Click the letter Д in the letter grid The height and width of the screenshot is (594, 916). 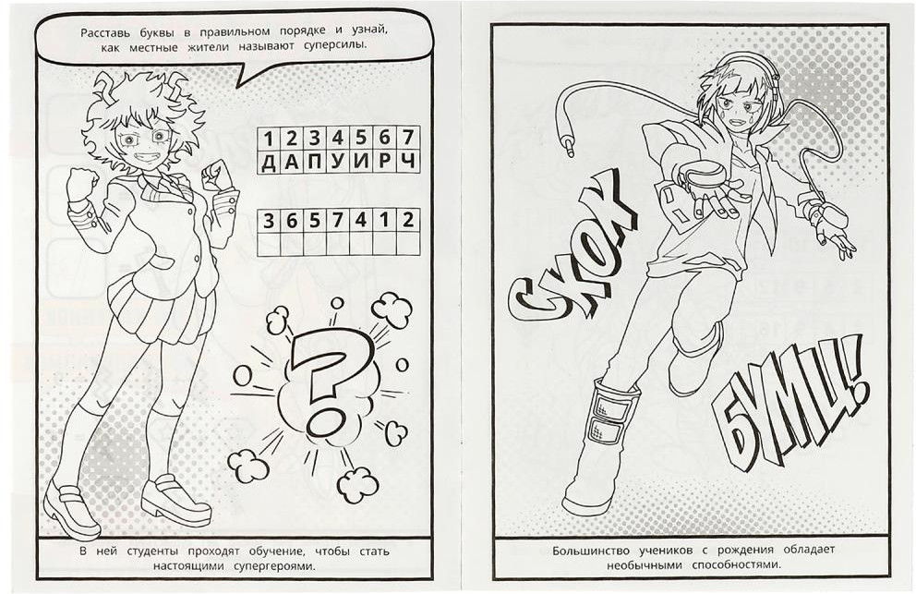[x=268, y=162]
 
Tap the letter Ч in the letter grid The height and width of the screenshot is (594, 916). [x=408, y=162]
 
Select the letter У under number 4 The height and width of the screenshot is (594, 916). [x=337, y=162]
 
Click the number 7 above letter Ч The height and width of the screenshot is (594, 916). [x=408, y=138]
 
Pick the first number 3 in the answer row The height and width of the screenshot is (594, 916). [x=268, y=221]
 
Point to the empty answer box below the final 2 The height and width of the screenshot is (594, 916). [x=408, y=243]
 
